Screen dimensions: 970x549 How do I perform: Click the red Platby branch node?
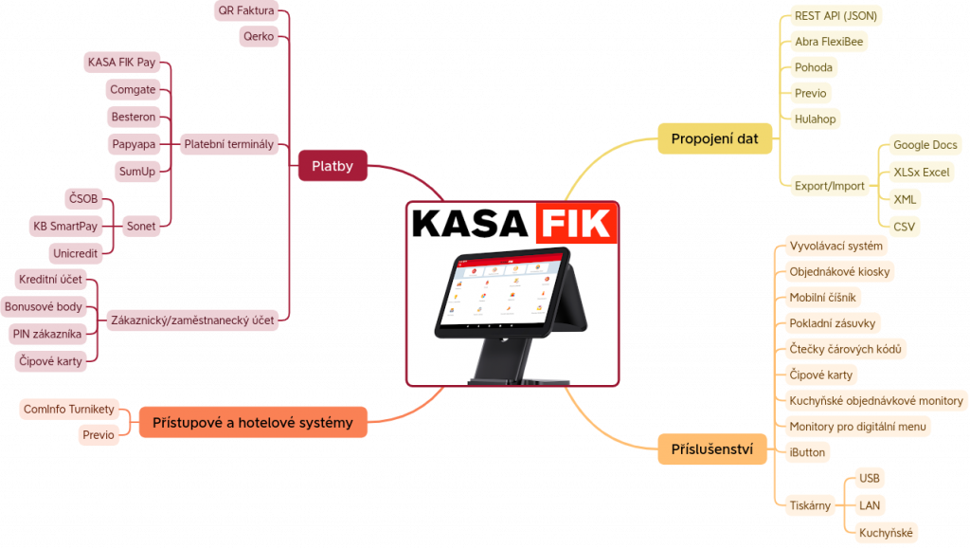point(332,166)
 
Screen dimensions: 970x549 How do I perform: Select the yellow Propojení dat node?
point(714,138)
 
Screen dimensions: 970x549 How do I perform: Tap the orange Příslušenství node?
point(712,449)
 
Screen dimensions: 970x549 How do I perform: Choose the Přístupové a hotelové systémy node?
point(253,423)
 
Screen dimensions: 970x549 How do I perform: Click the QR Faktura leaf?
point(246,10)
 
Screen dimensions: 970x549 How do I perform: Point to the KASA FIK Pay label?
point(122,62)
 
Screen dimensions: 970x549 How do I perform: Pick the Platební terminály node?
point(229,144)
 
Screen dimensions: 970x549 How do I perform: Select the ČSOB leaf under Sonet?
point(83,199)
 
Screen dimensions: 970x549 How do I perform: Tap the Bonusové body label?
point(44,306)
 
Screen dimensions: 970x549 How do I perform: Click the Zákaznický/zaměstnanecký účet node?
point(192,320)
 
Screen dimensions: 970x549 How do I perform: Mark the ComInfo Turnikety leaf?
point(69,409)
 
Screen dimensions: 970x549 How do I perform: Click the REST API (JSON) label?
point(835,16)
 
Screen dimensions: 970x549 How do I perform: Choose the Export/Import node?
point(830,186)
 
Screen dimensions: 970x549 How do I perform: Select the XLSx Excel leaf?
point(921,172)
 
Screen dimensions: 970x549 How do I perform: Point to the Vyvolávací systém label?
point(835,246)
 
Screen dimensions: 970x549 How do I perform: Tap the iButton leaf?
point(807,452)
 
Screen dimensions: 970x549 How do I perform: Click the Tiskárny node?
point(810,505)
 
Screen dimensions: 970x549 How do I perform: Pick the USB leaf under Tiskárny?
point(870,479)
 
